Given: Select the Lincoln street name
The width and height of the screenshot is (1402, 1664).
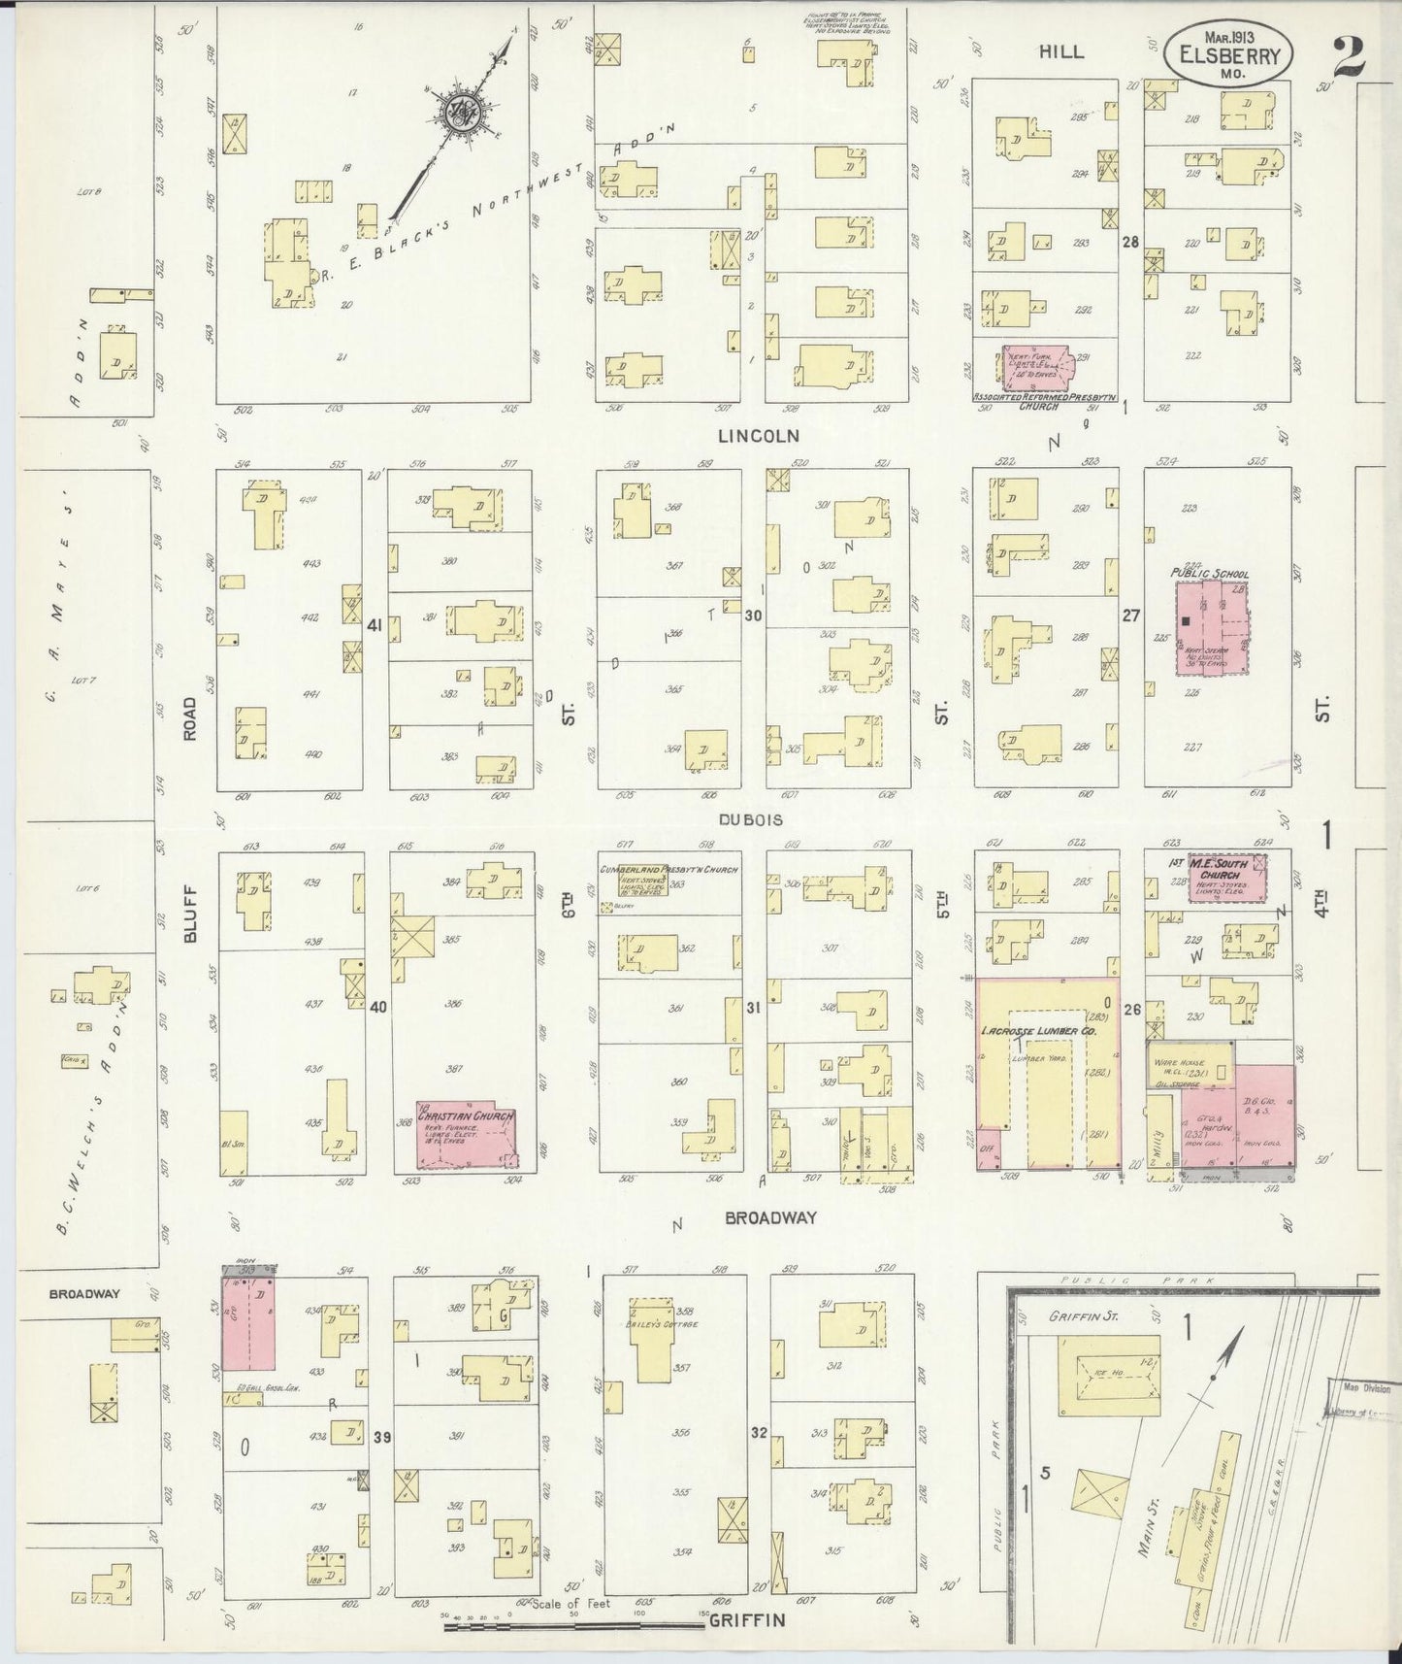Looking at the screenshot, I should pos(759,436).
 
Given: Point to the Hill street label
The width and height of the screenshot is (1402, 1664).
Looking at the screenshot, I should pos(1061,51).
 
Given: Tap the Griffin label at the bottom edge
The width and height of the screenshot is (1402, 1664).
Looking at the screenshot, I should pos(745,1620).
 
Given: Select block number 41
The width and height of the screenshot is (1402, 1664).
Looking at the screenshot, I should pos(375,626).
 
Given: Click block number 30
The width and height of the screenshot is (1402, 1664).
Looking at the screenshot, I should pos(753,615).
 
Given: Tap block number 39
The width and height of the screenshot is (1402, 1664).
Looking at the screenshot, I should pos(382,1437).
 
